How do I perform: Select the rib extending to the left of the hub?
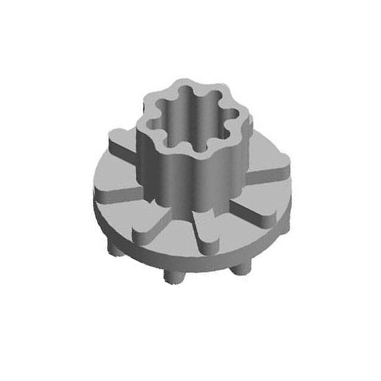(117, 193)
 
